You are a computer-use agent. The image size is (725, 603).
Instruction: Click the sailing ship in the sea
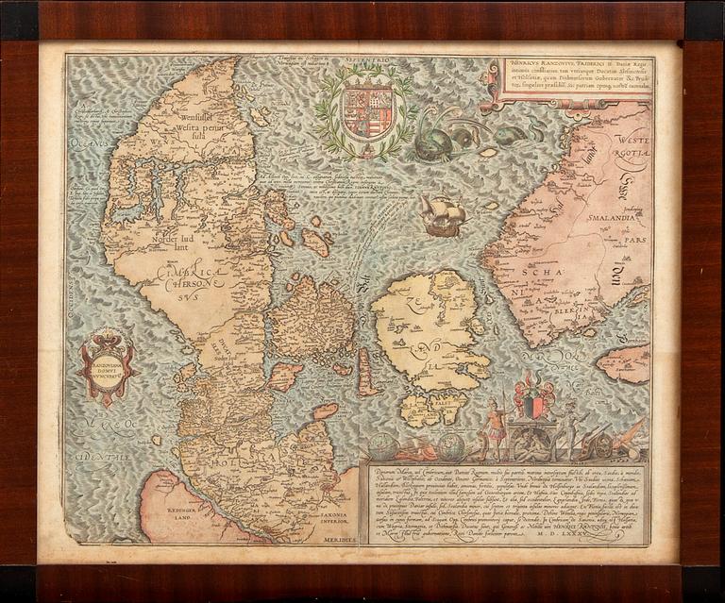tap(442, 216)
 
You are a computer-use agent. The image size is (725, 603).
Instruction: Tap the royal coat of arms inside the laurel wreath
tap(362, 112)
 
